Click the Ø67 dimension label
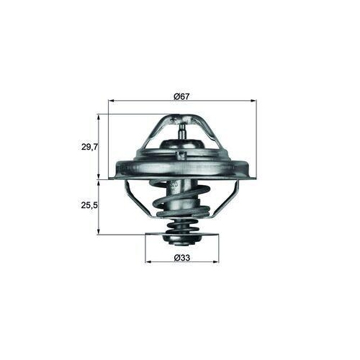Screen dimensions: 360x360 tap(181, 96)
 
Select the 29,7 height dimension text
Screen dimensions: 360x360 tap(89, 147)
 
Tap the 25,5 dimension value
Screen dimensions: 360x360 tap(89, 205)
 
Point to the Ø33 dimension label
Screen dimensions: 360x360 tap(182, 258)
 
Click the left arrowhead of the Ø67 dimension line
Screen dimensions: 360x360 tap(111, 101)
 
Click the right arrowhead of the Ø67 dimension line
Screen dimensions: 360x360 tap(253, 101)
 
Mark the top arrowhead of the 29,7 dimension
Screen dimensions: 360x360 tap(99, 117)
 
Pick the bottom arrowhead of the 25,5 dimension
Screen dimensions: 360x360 tap(99, 231)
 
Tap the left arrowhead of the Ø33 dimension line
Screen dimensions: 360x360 tap(148, 261)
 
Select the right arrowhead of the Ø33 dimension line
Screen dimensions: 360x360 tap(216, 261)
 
